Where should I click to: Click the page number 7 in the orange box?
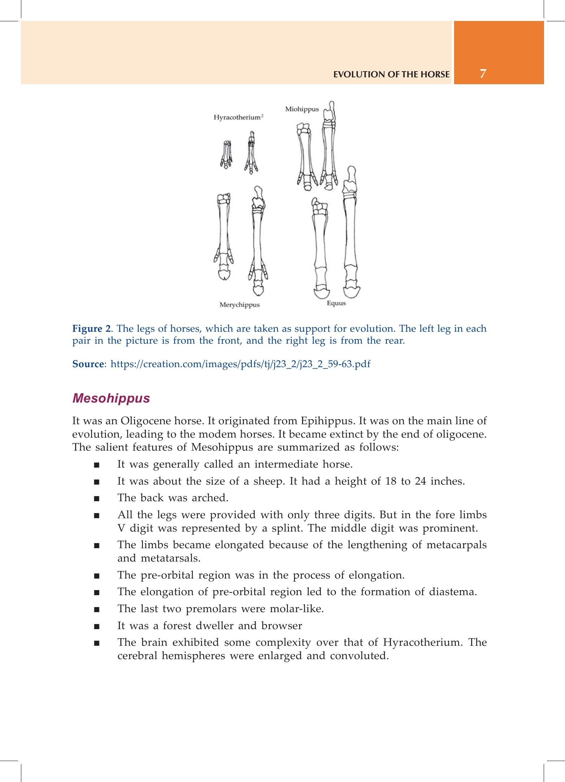tap(483, 74)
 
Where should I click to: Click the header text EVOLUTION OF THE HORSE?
tap(392, 74)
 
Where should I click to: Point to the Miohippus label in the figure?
tap(302, 109)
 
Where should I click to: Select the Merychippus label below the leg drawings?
tap(240, 305)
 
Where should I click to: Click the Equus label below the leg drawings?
tap(336, 303)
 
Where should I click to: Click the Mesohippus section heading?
tap(111, 398)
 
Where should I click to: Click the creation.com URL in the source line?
tap(240, 364)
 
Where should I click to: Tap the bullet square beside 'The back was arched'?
tap(96, 499)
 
